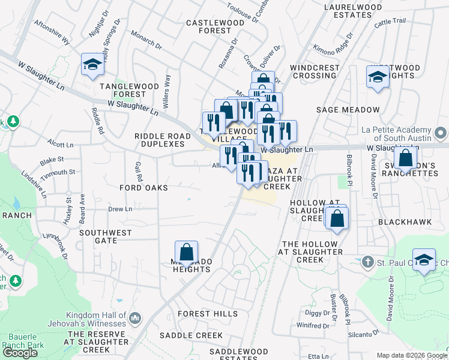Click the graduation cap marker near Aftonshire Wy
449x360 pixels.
pyautogui.click(x=92, y=65)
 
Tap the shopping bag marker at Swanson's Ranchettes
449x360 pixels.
pyautogui.click(x=406, y=159)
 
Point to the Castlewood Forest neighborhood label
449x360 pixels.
pyautogui.click(x=208, y=26)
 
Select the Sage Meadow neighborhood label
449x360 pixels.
pyautogui.click(x=348, y=110)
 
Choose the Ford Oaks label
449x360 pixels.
pyautogui.click(x=143, y=188)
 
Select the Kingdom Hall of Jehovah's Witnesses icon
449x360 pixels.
pyautogui.click(x=135, y=317)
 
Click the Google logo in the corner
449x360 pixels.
pyautogui.click(x=20, y=353)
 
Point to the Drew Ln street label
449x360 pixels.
pyautogui.click(x=120, y=209)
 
